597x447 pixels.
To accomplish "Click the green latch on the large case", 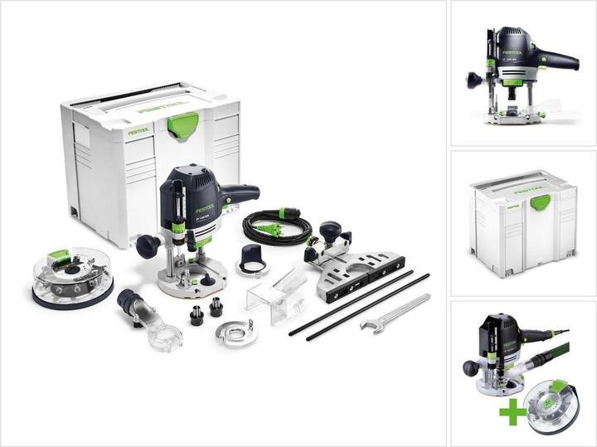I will coord(182,124).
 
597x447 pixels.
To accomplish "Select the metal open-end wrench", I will coord(395,313).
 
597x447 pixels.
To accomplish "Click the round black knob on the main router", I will coord(148,245).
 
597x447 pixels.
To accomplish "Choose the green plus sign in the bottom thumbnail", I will coord(512,413).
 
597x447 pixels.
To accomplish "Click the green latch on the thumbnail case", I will coord(541,202).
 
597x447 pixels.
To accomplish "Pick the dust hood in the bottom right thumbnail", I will coord(552,406).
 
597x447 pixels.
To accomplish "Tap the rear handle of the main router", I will coord(239,195).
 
